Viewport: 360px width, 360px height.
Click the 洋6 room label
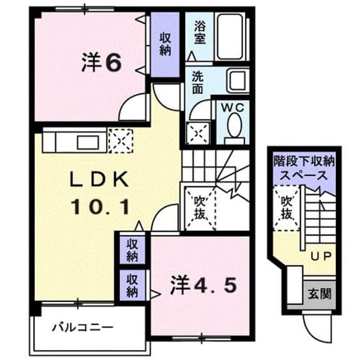point(101,62)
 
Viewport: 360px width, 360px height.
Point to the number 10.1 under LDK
point(100,207)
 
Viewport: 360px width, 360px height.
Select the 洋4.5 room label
point(203,285)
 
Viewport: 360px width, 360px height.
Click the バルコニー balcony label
point(83,327)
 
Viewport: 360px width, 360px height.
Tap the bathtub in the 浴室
point(230,37)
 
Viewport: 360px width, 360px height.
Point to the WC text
point(232,107)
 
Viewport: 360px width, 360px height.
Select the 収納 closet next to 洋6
point(165,44)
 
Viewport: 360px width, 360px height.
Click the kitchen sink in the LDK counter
point(88,142)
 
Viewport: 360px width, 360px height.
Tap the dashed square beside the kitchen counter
point(121,141)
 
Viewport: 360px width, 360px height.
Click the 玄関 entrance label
point(319,294)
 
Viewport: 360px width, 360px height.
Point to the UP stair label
point(321,256)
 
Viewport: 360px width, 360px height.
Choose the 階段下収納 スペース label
point(304,169)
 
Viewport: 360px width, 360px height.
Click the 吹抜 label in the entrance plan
point(287,208)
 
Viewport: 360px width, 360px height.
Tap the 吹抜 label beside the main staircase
point(199,208)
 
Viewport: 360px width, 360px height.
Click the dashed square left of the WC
point(198,134)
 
